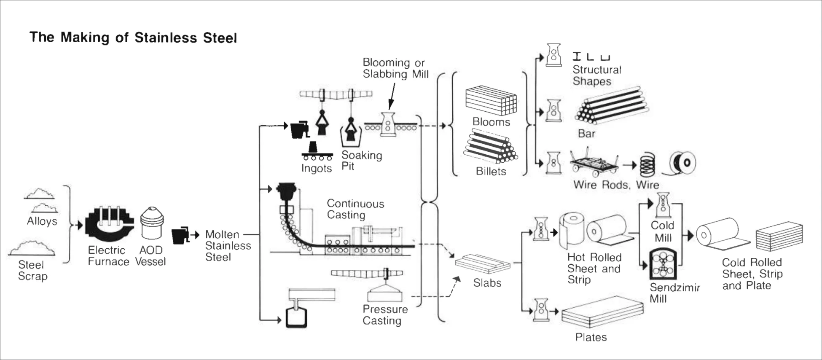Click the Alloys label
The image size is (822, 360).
[42, 221]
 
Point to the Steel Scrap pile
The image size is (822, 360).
[32, 248]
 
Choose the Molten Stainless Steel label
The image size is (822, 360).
[228, 246]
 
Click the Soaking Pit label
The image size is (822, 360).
[361, 161]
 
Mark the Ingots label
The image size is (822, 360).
[317, 168]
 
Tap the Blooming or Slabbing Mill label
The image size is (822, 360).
[395, 68]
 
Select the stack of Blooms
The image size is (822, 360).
[491, 101]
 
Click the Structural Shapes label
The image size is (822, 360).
[596, 75]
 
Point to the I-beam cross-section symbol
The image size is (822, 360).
[577, 56]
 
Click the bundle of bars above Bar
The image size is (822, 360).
[611, 105]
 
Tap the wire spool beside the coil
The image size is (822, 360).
[683, 163]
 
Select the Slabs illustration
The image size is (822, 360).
[483, 264]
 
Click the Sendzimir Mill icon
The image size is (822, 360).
[663, 264]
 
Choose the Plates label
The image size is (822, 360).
[591, 337]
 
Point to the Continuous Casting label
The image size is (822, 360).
[355, 209]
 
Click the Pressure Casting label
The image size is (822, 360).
[385, 315]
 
